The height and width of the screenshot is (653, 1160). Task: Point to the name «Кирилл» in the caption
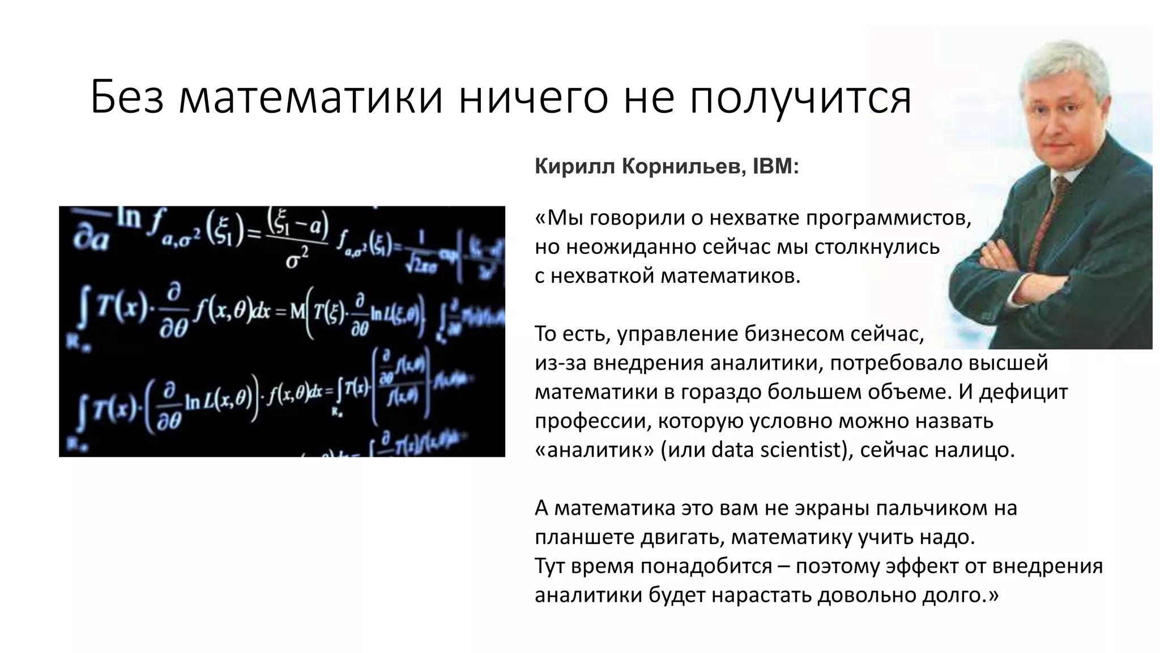[x=574, y=167]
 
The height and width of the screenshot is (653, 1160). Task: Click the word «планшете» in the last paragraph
[x=584, y=537]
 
